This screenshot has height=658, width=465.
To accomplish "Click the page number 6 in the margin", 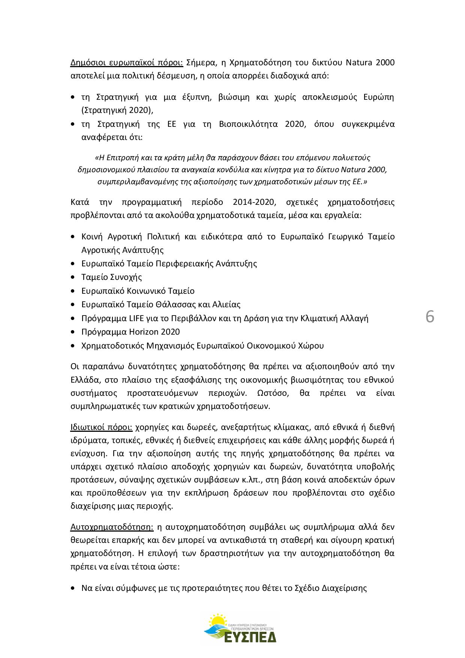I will [430, 317].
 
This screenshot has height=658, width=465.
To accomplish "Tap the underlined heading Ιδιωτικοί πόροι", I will [101, 427].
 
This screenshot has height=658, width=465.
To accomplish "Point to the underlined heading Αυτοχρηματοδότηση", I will [112, 527].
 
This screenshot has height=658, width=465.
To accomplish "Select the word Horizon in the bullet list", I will [144, 332].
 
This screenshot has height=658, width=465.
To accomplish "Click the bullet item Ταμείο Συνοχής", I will [111, 277].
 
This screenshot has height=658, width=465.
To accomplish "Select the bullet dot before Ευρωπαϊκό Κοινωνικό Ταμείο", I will [73, 291].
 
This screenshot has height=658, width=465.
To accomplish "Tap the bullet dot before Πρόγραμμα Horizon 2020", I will [73, 332].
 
